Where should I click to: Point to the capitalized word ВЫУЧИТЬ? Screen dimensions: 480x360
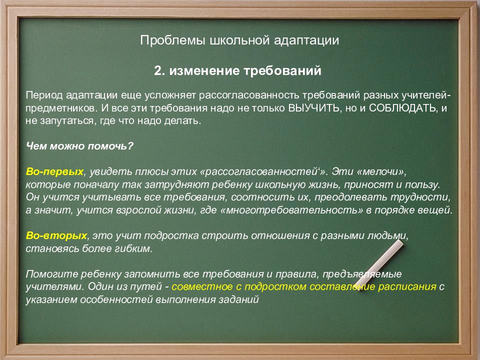click(314, 108)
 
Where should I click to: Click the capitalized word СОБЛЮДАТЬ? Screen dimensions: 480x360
click(403, 108)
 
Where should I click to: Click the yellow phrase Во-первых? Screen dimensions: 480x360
click(54, 171)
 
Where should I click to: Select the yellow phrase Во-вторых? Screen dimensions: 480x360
click(56, 235)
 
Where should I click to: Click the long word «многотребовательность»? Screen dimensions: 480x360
click(291, 210)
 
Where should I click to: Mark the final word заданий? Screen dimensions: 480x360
click(239, 299)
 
